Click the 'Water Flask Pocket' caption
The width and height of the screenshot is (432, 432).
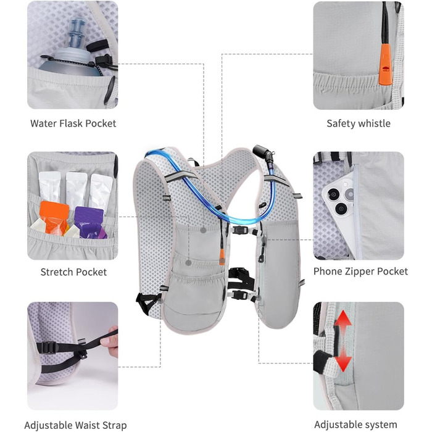tap(73, 123)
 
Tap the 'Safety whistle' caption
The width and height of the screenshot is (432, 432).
tap(359, 123)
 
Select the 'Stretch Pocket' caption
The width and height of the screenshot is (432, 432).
tap(73, 272)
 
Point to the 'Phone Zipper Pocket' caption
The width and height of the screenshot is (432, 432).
tap(360, 272)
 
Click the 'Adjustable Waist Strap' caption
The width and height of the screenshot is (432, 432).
tap(75, 425)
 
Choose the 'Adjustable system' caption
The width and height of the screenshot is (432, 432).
tap(355, 425)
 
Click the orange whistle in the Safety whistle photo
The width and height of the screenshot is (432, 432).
tap(385, 64)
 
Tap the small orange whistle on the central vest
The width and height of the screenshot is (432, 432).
tap(222, 257)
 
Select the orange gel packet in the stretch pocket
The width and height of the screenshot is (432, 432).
tap(54, 218)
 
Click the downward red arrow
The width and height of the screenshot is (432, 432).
tap(343, 359)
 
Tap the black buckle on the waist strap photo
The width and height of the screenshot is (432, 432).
tap(48, 347)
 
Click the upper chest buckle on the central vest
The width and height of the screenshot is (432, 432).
tap(239, 230)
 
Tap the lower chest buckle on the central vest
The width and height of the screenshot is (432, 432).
tap(239, 295)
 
